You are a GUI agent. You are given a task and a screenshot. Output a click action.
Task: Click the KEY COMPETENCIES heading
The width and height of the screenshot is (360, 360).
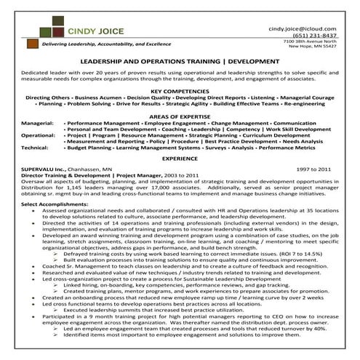pyautogui.click(x=180, y=89)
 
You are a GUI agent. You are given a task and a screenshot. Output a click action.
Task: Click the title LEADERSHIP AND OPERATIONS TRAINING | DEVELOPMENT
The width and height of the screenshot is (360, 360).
pyautogui.click(x=180, y=63)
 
